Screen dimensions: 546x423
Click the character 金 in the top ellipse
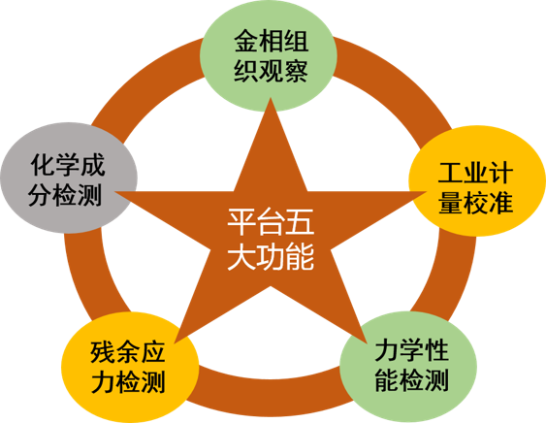[x=246, y=41]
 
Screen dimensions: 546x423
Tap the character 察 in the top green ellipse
[x=296, y=71]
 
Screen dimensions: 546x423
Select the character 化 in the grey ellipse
[x=43, y=165]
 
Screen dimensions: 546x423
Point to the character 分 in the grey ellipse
[x=41, y=195]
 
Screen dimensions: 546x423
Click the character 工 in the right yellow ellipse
[x=451, y=173]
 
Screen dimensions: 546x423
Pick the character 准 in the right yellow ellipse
[x=500, y=203]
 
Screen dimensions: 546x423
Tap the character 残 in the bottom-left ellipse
[x=103, y=352]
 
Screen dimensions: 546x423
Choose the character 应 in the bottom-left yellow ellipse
[x=152, y=352]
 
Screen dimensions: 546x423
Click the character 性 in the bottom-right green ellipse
[x=435, y=350]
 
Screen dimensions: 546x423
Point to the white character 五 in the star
[x=301, y=222]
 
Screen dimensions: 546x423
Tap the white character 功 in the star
[x=271, y=257]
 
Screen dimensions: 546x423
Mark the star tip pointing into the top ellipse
[x=271, y=99]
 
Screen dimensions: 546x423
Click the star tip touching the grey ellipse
[x=116, y=192]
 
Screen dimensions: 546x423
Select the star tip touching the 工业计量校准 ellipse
[x=425, y=192]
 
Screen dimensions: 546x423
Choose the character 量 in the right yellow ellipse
[x=451, y=203]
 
